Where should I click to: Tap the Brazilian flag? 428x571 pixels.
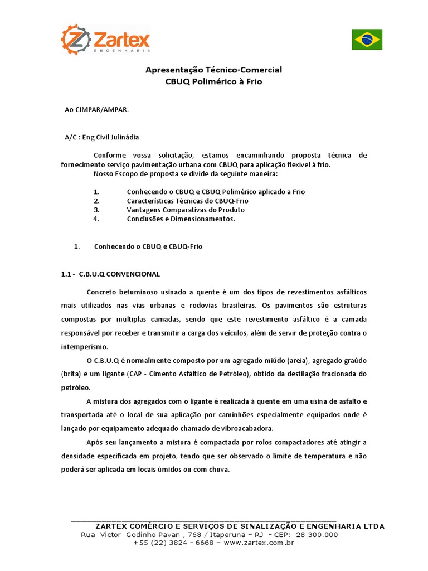click(x=367, y=39)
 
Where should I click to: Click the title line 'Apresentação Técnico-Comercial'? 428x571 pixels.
click(x=213, y=70)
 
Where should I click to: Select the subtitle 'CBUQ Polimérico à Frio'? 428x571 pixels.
click(x=213, y=81)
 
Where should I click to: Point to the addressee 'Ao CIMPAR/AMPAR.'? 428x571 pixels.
click(x=97, y=110)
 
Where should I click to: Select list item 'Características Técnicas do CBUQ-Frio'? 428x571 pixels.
click(x=188, y=201)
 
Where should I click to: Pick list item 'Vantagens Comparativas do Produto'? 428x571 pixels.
click(x=186, y=210)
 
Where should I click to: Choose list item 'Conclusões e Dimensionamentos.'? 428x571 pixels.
click(x=181, y=219)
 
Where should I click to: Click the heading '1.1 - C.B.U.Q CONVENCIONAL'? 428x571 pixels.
click(x=110, y=274)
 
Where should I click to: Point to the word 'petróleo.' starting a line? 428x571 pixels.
click(x=74, y=387)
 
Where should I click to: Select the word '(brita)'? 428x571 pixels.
click(x=71, y=374)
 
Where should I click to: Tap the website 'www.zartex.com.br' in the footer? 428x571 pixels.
click(x=259, y=543)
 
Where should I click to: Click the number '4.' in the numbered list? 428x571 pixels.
click(x=96, y=219)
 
